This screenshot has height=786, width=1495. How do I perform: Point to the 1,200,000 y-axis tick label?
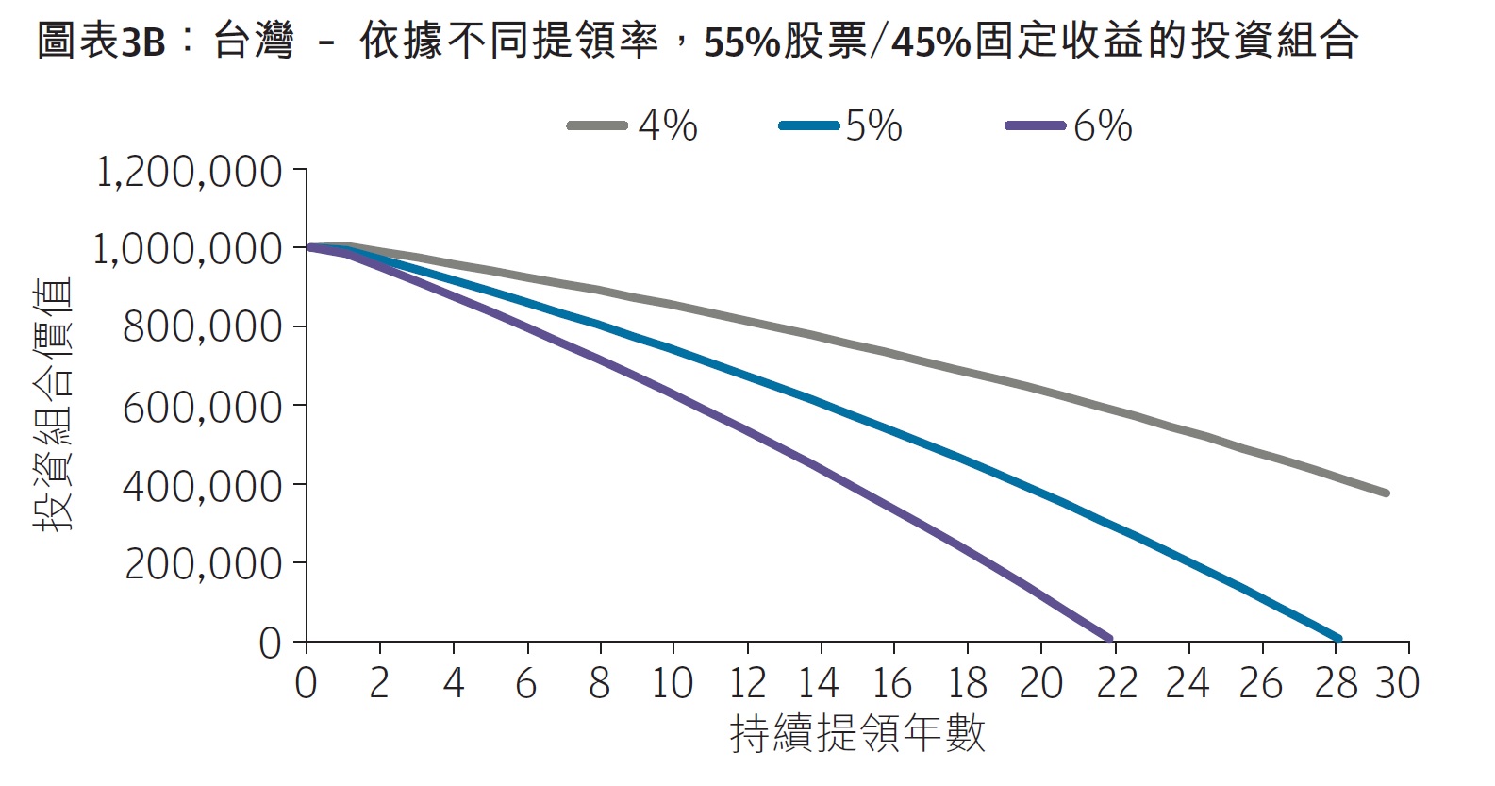(190, 172)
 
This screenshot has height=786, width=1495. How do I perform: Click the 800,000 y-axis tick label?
(203, 327)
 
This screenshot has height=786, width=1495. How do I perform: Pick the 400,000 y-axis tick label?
(203, 485)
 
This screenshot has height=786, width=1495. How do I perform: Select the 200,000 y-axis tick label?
(203, 563)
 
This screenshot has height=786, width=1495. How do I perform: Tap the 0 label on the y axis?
(270, 644)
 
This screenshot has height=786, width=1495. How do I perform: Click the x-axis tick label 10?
(672, 683)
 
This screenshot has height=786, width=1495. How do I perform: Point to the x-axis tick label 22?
(1116, 683)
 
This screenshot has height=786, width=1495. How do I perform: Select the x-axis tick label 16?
(892, 683)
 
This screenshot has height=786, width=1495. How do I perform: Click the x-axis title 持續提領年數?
(857, 734)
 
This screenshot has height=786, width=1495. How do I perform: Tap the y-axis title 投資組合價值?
(54, 406)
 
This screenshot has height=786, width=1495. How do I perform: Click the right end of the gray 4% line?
(1386, 493)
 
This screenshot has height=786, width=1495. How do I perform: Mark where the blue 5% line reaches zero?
(1337, 639)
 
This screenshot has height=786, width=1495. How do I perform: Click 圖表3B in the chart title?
(101, 42)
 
